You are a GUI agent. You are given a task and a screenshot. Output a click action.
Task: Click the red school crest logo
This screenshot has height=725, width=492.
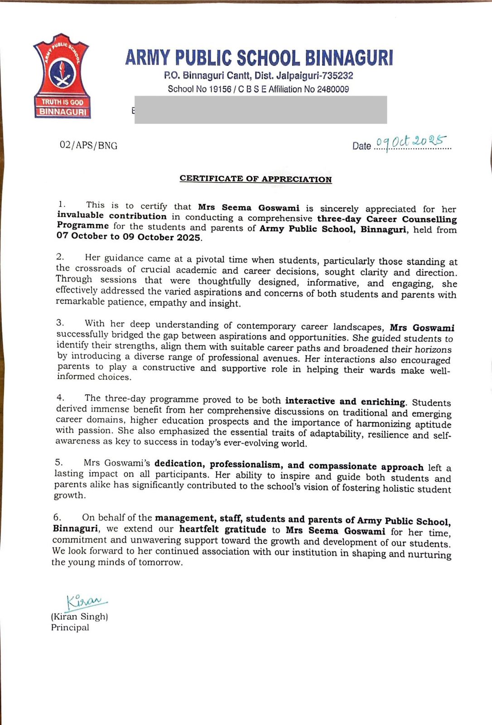[x=62, y=76]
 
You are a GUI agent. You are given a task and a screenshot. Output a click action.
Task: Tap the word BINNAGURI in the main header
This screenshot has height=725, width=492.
[x=348, y=58]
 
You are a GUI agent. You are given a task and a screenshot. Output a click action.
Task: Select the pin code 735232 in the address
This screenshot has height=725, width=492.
[x=337, y=76]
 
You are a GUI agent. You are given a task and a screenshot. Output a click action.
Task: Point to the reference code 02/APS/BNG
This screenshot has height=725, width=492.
[x=88, y=145]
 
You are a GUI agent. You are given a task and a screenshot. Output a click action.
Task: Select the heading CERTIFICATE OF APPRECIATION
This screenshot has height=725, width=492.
[x=256, y=179]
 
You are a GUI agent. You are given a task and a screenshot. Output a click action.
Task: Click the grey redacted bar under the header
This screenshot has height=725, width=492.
[x=260, y=110]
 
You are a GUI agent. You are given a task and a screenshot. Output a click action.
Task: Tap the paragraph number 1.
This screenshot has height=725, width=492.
[x=62, y=205]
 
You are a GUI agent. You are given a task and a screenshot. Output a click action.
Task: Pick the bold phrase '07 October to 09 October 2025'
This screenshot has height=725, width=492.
[x=129, y=237]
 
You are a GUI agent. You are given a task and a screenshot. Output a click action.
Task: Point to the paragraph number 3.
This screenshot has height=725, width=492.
[x=60, y=323]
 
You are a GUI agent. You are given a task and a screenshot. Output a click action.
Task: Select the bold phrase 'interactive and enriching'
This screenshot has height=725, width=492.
[x=345, y=401]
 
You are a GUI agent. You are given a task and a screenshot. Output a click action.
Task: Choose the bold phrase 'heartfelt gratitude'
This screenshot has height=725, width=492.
[x=223, y=529]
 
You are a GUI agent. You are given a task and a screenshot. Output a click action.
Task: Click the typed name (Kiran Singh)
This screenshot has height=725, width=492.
[x=79, y=617]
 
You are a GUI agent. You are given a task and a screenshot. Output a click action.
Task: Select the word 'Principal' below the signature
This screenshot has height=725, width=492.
[x=70, y=628]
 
